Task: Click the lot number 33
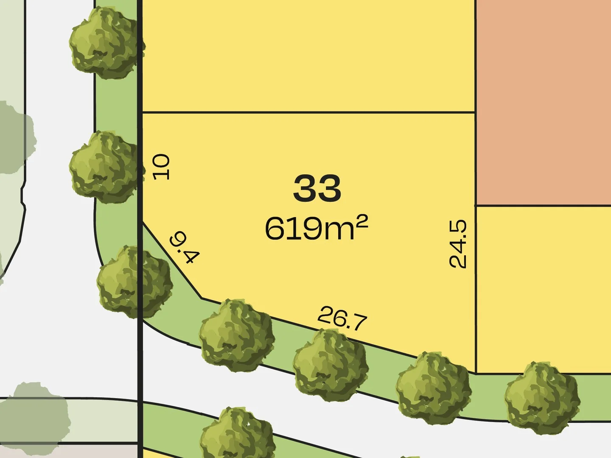tap(317, 189)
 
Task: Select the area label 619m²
tap(316, 228)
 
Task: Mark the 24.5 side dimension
tap(458, 243)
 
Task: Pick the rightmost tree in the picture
tap(542, 397)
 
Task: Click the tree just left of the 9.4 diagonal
tap(135, 282)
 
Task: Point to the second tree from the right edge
tap(434, 388)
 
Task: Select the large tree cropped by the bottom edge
tap(238, 435)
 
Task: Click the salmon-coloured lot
tap(543, 102)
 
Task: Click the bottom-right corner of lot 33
tap(475, 374)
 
